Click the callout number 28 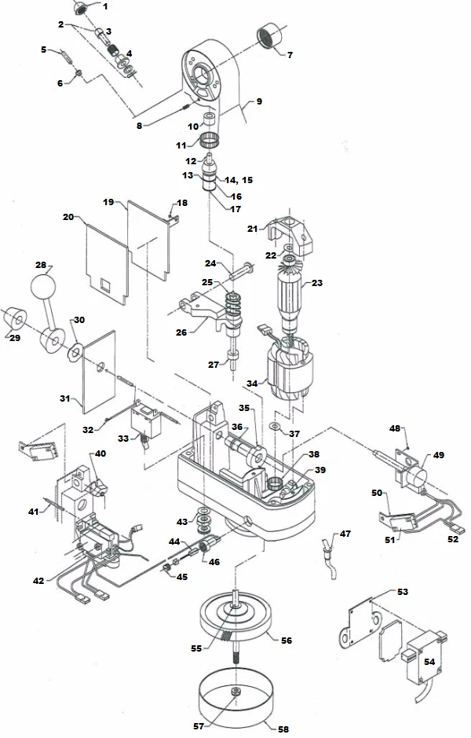[41, 265]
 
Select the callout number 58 [282, 729]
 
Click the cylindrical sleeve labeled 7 [271, 37]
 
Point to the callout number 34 [251, 383]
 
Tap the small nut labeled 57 [235, 691]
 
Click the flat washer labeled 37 [273, 425]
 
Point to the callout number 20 [68, 215]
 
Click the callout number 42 [38, 581]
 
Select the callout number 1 [106, 6]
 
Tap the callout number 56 [286, 641]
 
